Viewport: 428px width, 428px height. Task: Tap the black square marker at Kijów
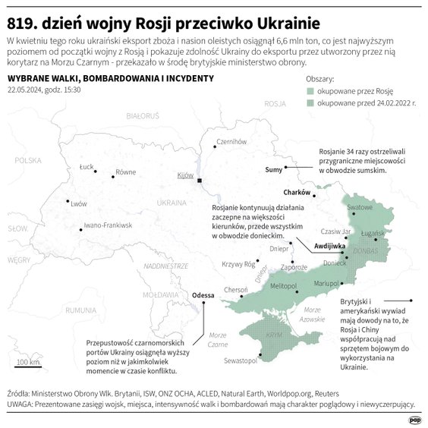click(x=200, y=181)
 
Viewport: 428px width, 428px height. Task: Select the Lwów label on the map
click(x=78, y=203)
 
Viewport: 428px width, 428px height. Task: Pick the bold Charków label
click(x=297, y=192)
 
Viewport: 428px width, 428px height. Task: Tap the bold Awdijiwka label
click(x=330, y=247)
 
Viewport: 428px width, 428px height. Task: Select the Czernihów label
click(x=232, y=142)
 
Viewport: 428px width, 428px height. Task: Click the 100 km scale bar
click(x=29, y=368)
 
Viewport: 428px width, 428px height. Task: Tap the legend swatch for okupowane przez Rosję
click(x=310, y=91)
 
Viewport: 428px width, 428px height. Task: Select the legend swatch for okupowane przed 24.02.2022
click(x=310, y=102)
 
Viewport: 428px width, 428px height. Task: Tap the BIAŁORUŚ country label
click(x=142, y=116)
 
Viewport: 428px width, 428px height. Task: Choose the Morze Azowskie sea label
click(x=312, y=314)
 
